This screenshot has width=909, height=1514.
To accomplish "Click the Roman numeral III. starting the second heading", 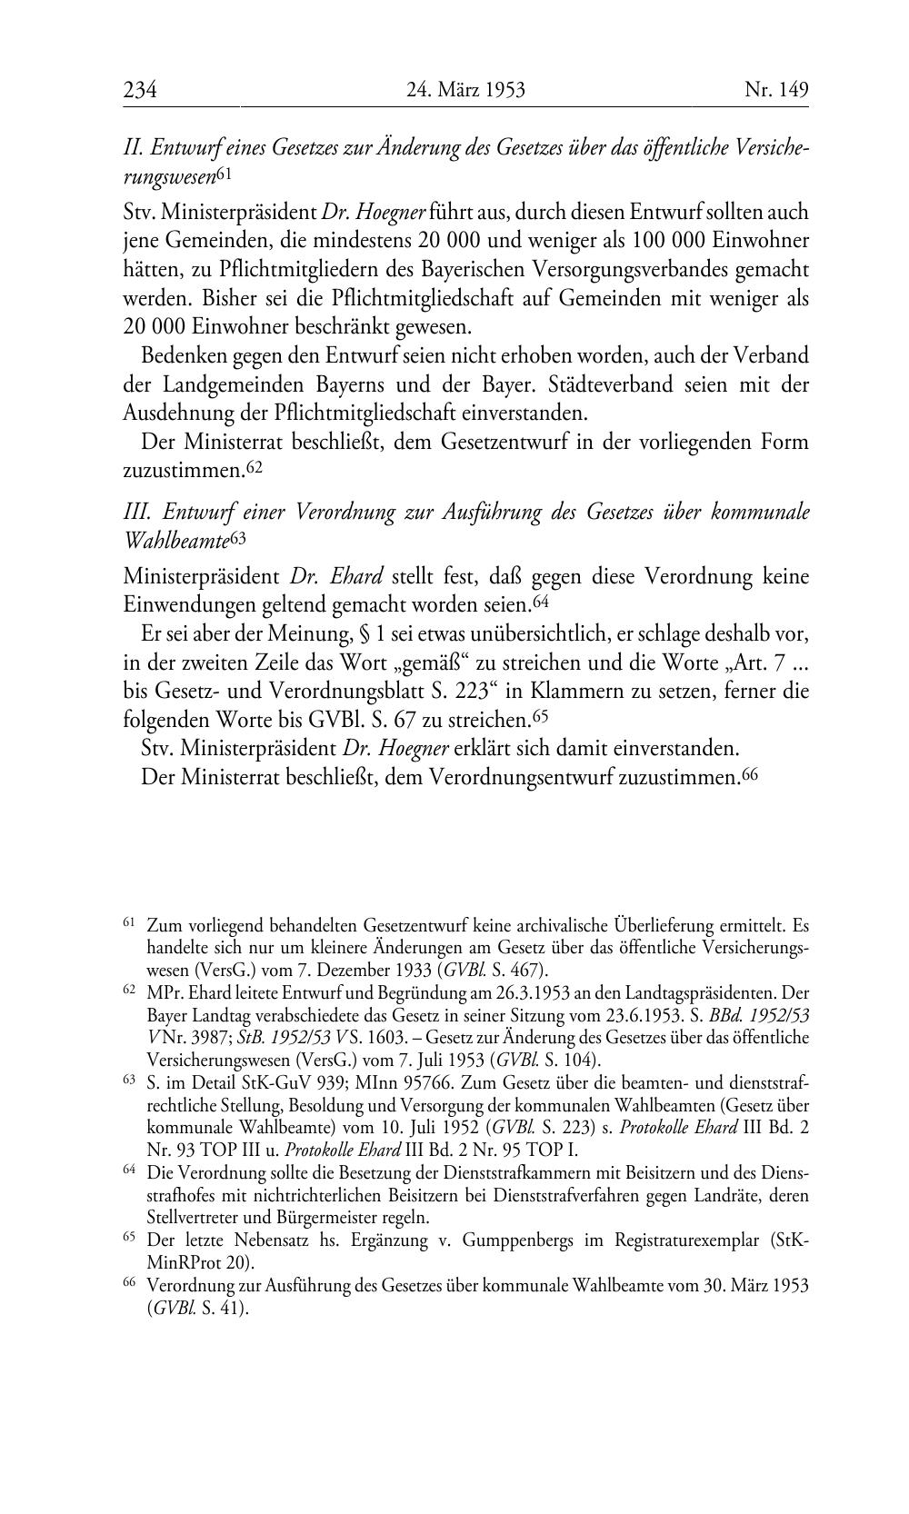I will (x=136, y=512).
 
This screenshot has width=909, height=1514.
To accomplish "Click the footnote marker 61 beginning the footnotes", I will (x=128, y=923).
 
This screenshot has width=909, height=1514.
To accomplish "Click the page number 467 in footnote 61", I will (x=528, y=970).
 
